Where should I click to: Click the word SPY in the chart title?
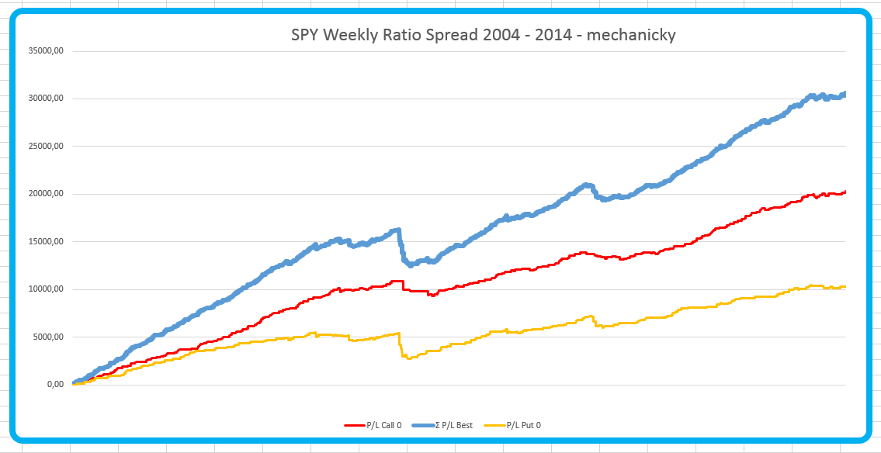point(306,35)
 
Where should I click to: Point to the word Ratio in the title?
point(405,35)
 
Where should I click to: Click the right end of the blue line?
point(845,94)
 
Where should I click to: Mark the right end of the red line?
point(845,192)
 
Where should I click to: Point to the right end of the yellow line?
point(845,287)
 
